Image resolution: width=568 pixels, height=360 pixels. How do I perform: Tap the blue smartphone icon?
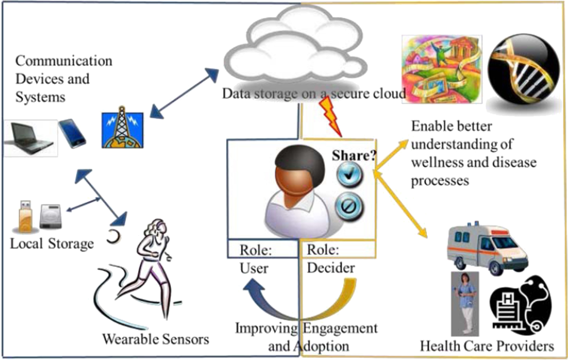[72, 133]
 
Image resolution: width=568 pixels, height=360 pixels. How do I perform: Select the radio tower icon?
[122, 128]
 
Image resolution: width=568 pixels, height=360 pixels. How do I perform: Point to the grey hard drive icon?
[50, 216]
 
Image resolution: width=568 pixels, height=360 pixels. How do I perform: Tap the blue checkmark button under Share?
[349, 174]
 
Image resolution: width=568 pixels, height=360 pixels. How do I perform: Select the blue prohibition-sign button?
[349, 206]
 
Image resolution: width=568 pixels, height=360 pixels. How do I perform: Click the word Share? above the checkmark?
[354, 156]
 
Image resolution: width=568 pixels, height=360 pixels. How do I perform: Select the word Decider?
[331, 268]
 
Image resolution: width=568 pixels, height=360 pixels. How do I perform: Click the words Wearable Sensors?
[156, 339]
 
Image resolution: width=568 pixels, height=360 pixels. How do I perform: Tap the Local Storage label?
[52, 243]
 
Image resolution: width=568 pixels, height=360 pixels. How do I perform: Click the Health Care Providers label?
[487, 346]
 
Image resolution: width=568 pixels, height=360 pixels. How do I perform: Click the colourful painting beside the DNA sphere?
[442, 69]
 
